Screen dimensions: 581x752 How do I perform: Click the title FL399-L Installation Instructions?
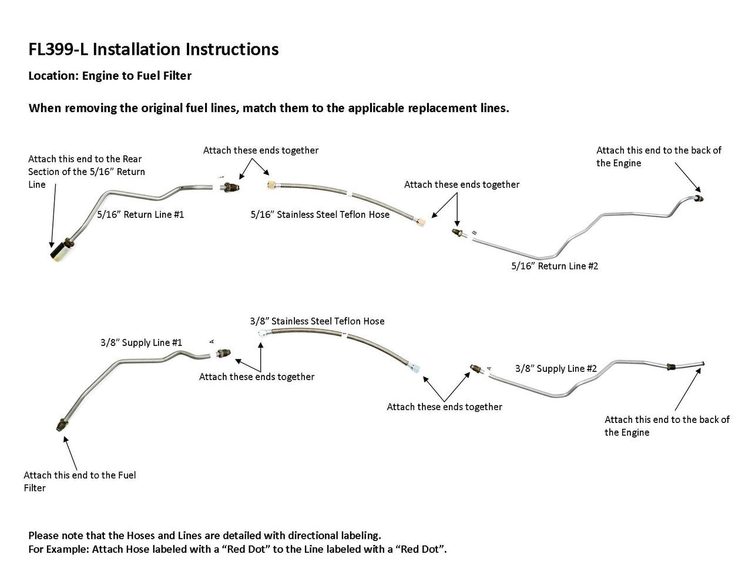click(153, 49)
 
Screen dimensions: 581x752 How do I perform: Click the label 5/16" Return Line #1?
click(140, 214)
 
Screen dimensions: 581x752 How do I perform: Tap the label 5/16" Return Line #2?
click(555, 266)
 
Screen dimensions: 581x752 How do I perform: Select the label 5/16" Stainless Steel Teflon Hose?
click(320, 214)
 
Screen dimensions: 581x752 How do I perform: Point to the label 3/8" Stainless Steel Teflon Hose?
click(317, 321)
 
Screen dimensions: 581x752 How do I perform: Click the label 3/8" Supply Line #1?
click(141, 342)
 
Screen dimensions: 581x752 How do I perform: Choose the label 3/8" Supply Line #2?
click(556, 368)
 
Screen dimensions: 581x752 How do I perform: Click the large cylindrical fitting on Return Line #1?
click(58, 253)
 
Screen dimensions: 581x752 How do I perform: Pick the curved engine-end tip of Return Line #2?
click(699, 198)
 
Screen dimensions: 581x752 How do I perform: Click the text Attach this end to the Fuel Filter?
click(79, 481)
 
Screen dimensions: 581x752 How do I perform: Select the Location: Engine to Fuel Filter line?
click(110, 76)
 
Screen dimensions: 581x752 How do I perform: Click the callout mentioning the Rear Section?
click(86, 172)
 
